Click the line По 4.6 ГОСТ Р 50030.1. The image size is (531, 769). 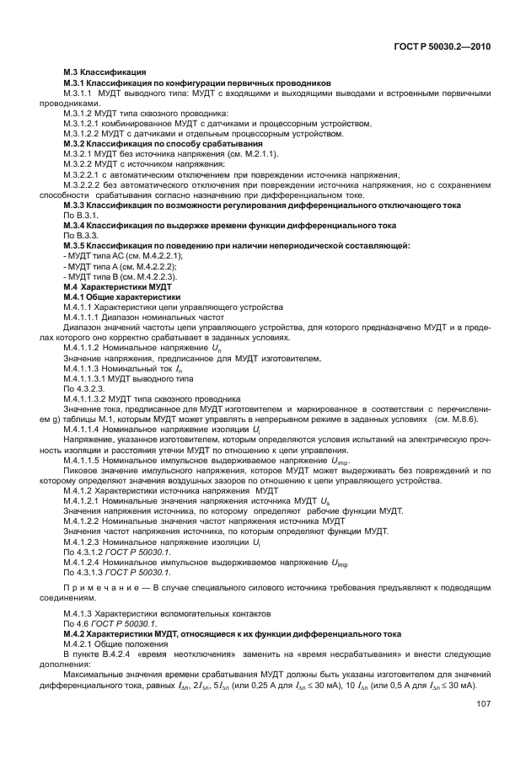click(110, 623)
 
